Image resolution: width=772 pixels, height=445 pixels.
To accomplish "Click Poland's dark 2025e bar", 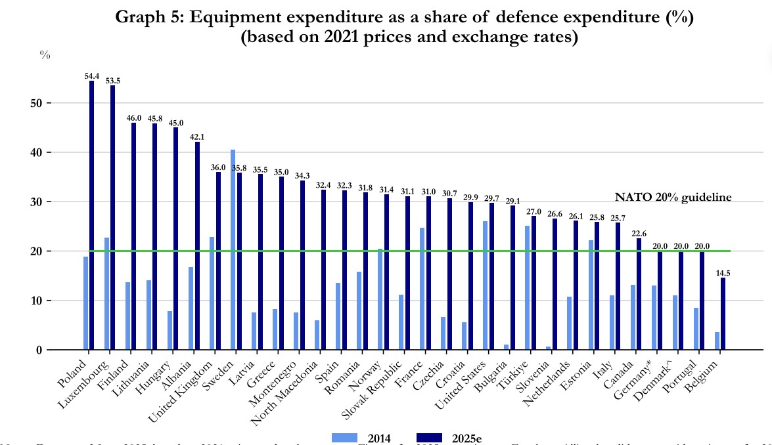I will pos(91,217).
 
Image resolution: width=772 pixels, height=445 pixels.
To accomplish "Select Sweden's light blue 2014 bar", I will pos(233,249).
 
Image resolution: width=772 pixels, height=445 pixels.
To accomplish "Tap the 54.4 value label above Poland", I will pos(91,77).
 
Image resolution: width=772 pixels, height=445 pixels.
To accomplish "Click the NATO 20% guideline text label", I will pos(673,197).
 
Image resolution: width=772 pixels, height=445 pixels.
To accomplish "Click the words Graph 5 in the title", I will pos(148,18).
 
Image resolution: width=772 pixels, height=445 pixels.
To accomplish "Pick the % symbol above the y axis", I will pos(45,55).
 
